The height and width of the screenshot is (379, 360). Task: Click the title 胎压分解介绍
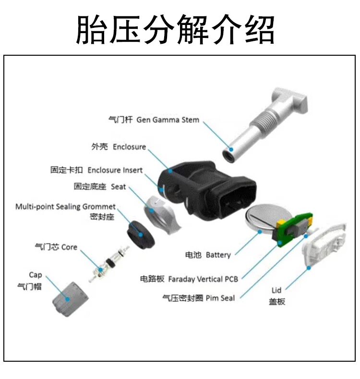coord(175,30)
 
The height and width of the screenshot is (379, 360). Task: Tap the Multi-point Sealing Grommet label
coord(65,207)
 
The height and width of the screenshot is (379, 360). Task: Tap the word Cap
coord(36,275)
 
